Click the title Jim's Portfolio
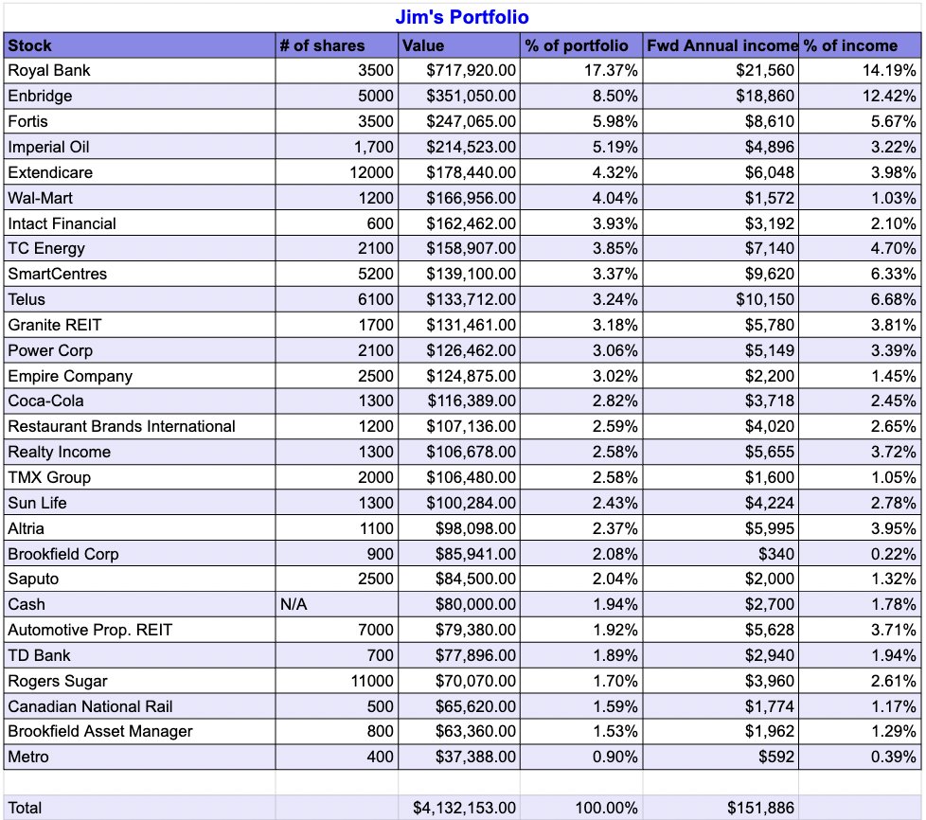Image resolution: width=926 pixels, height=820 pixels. pos(462,17)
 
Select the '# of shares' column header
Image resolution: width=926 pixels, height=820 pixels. pos(322,45)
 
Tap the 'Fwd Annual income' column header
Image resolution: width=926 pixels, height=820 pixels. pos(721,45)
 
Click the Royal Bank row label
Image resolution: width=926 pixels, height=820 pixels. pos(49,70)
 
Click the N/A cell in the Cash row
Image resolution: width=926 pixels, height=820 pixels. pos(294,604)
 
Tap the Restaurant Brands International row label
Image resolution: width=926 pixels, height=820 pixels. pos(121,426)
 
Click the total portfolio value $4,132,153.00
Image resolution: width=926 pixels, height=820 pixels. pos(464,808)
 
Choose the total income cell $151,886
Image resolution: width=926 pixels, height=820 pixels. pos(761,808)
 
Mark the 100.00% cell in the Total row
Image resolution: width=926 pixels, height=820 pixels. pos(606,808)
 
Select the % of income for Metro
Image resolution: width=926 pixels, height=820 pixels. pos(891,757)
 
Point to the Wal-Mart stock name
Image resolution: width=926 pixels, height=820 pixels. pos(40,198)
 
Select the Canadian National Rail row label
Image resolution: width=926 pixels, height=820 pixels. pos(90,706)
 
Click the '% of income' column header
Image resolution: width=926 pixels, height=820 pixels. pos(850,45)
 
